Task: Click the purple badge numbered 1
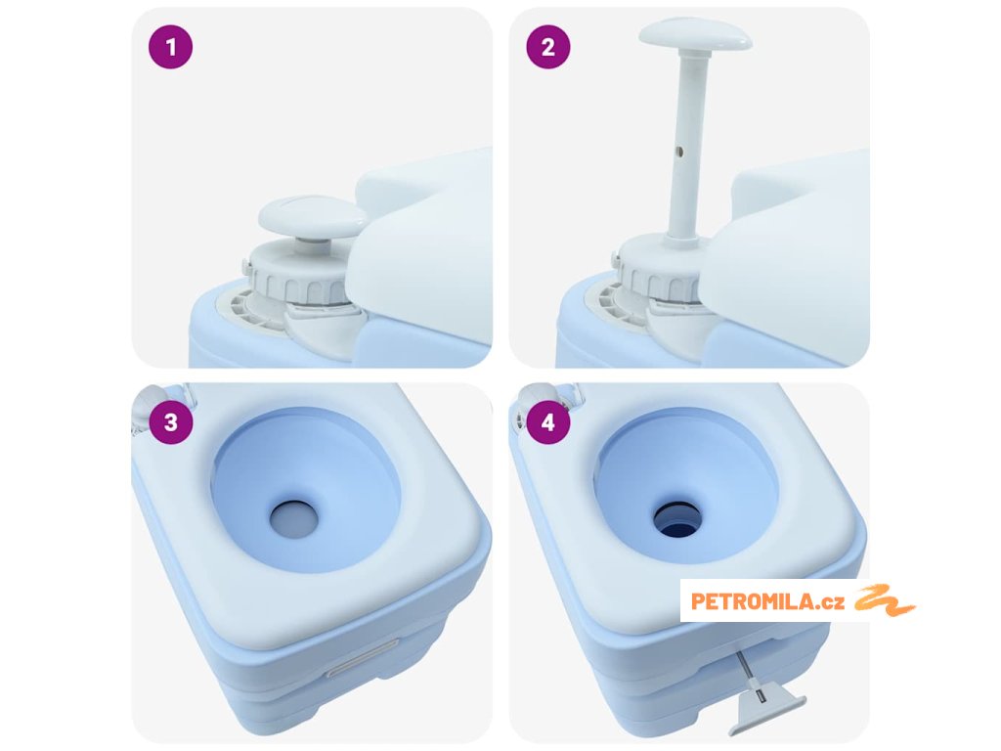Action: (170, 47)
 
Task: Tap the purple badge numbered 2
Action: (548, 47)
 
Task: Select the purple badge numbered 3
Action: (170, 422)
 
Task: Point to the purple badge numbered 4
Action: (548, 422)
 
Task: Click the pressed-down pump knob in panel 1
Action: (312, 216)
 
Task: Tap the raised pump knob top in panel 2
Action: (695, 35)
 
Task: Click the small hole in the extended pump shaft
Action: (679, 152)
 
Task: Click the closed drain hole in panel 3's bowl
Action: (293, 518)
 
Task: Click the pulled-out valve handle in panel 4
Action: (767, 709)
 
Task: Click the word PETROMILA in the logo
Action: (754, 601)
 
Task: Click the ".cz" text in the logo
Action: (831, 602)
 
